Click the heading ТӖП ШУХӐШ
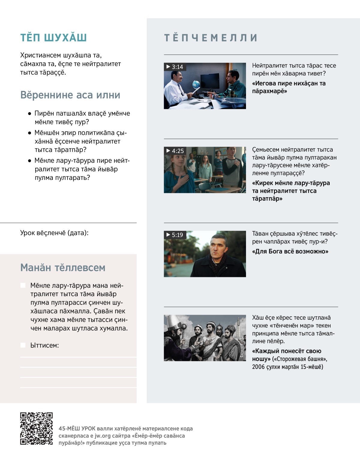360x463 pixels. click(53, 38)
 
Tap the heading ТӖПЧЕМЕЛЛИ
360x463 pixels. click(211, 38)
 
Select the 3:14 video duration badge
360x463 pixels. click(175, 67)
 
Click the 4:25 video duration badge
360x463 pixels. click(175, 151)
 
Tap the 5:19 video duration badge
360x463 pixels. click(175, 235)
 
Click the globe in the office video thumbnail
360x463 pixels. click(196, 83)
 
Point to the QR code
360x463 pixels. click(36, 428)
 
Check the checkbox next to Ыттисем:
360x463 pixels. click(23, 345)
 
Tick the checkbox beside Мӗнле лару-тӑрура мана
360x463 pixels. click(23, 285)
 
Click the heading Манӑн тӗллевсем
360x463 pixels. click(63, 268)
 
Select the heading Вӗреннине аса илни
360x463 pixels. click(70, 95)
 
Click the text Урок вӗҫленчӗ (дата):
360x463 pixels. click(54, 233)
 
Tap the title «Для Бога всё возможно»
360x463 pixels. click(290, 251)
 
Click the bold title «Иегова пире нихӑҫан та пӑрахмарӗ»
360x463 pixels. click(289, 87)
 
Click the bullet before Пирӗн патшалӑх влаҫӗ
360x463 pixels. click(29, 114)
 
